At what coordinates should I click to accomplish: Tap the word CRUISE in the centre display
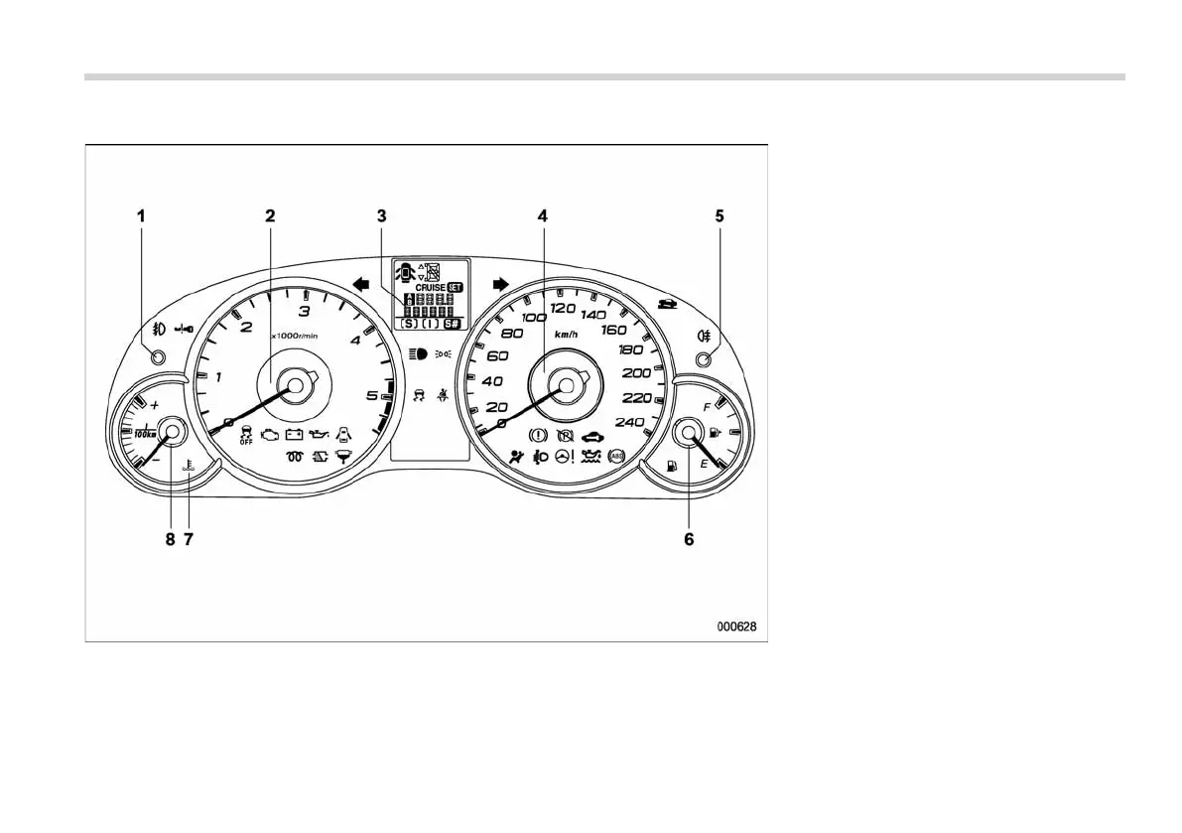coord(430,287)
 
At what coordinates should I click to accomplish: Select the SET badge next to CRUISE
coord(456,287)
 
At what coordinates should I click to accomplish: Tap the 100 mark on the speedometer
coord(534,318)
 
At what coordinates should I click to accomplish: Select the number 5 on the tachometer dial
coord(372,396)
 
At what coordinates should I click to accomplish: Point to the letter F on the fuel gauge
coord(707,407)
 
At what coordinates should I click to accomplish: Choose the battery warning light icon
coord(294,434)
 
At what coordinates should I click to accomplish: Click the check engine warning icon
coord(269,434)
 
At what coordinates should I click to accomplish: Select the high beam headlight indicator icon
coord(417,352)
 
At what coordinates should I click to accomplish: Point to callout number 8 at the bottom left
coord(170,540)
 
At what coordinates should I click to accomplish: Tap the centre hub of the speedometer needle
coord(567,383)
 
